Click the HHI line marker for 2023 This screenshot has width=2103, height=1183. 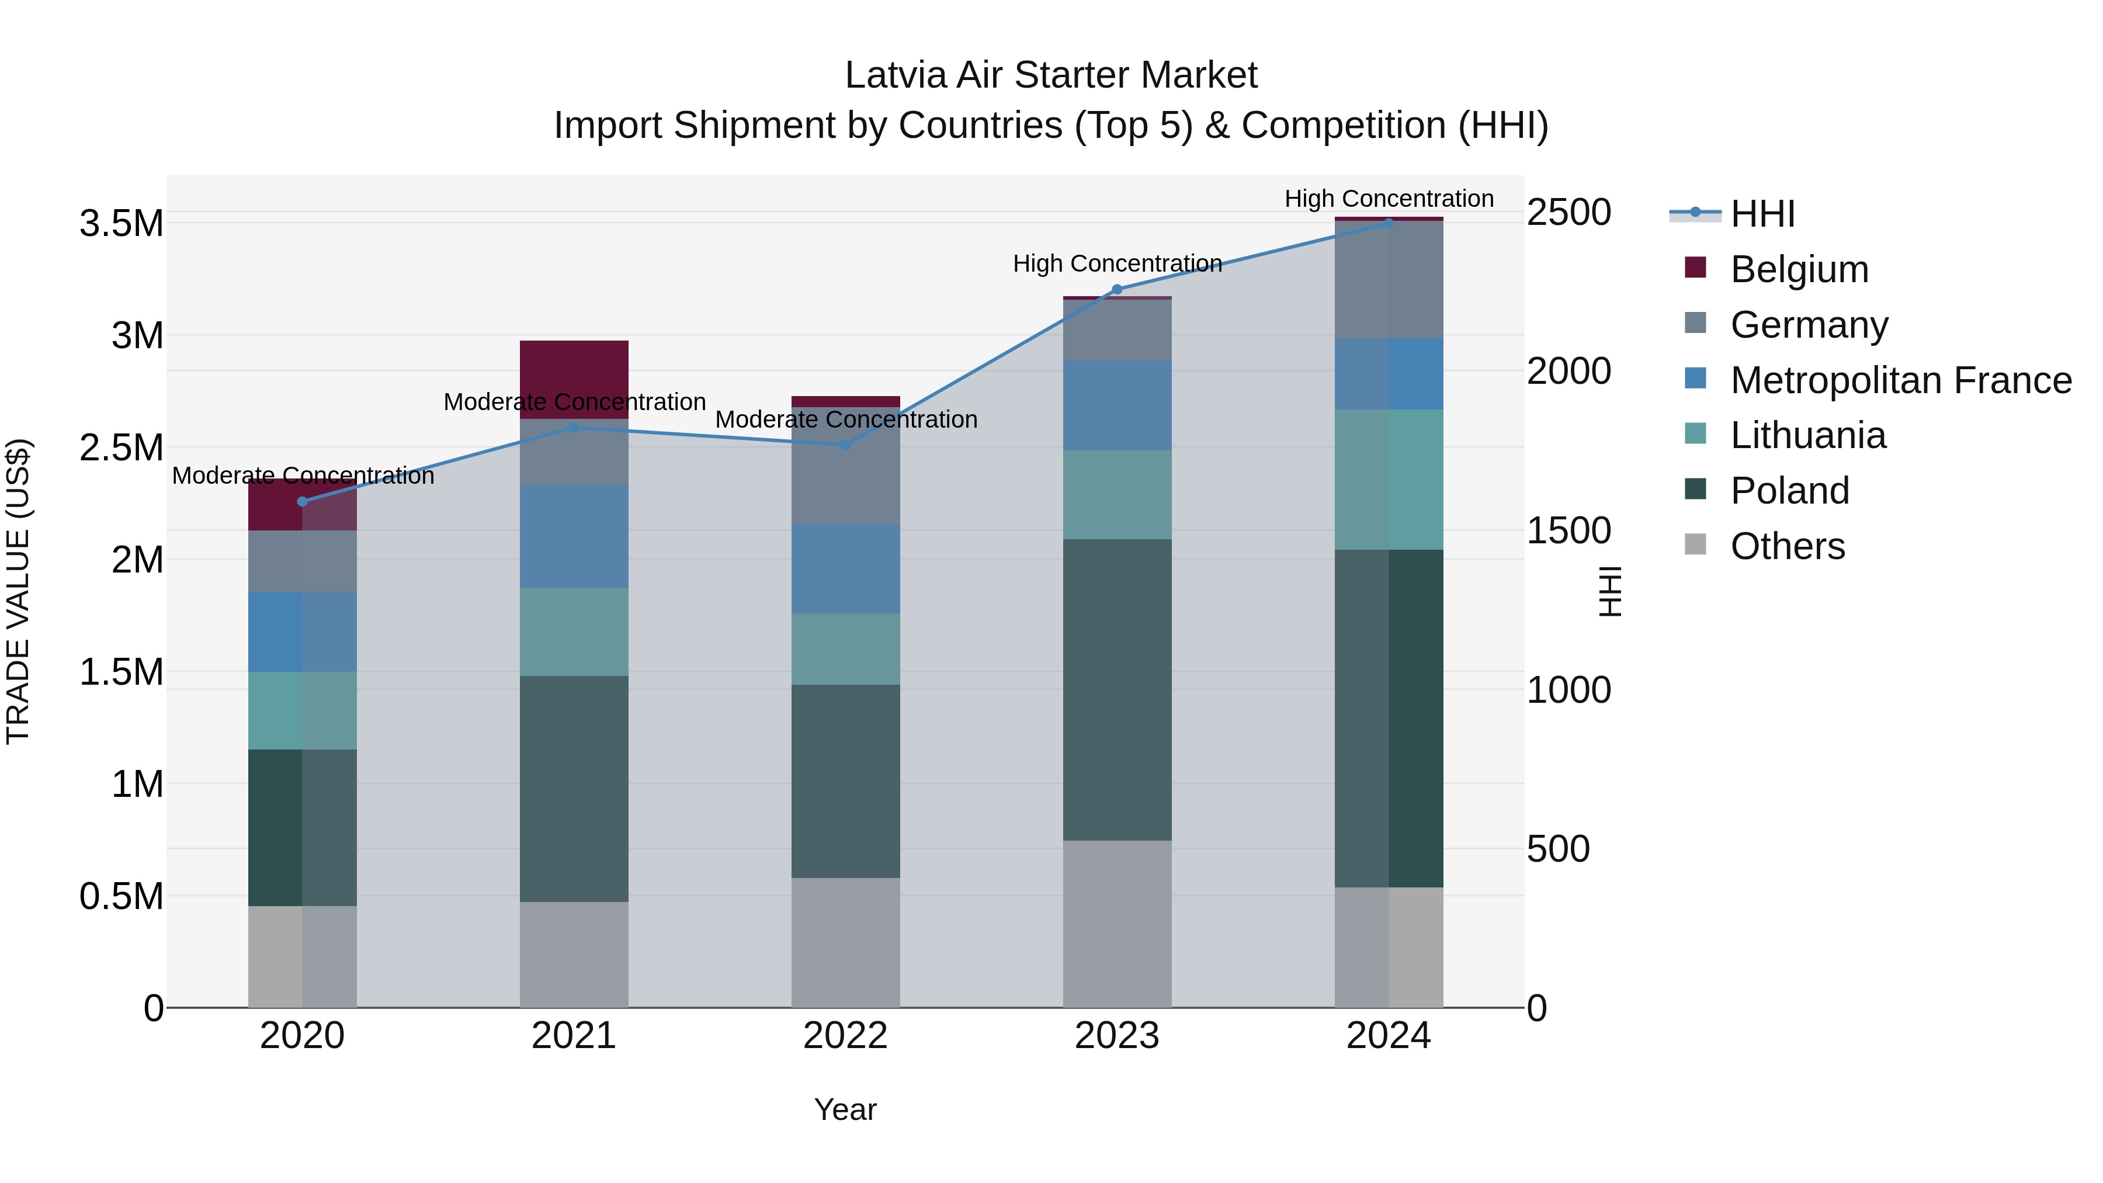pos(1117,289)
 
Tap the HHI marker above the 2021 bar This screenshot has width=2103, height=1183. pos(574,427)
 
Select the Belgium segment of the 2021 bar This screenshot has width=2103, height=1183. pos(574,379)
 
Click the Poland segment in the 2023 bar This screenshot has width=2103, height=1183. pos(1117,689)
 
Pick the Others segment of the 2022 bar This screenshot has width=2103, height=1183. pos(845,942)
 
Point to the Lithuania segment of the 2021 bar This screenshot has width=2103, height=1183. pos(574,631)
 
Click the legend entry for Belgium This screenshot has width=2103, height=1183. pos(1799,269)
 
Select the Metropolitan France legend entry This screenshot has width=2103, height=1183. pos(1900,380)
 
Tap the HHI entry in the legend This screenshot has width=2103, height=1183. pos(1762,214)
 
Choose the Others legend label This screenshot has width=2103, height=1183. pos(1787,546)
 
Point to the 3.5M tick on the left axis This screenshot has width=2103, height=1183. pos(122,224)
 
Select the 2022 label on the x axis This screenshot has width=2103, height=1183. pos(845,1036)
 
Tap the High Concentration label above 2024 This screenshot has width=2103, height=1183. pos(1389,199)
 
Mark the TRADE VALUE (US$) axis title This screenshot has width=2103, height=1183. pos(18,591)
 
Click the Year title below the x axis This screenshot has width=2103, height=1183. pos(845,1109)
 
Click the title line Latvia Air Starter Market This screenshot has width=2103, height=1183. pos(1051,75)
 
